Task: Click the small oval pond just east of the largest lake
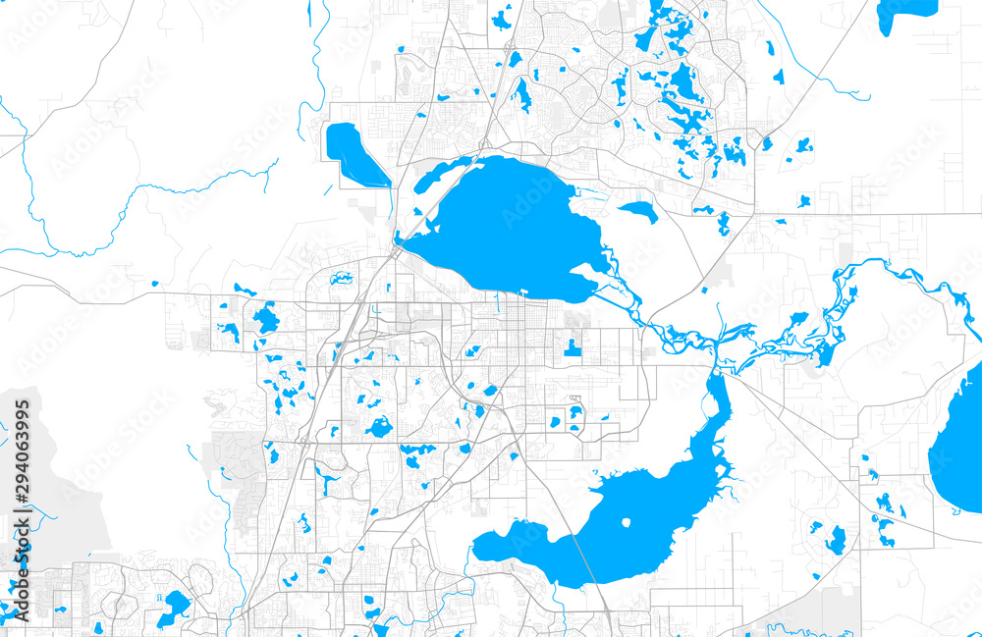pos(638,210)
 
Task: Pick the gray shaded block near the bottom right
pos(835,609)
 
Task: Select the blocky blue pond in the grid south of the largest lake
pos(572,346)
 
